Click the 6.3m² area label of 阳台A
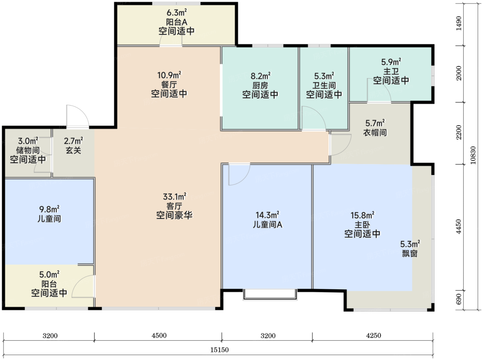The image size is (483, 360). tap(177, 12)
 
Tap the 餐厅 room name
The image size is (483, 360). tap(169, 84)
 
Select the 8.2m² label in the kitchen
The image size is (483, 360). tap(260, 76)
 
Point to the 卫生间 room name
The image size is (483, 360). tap(324, 85)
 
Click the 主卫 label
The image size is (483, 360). tap(391, 71)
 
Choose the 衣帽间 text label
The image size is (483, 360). tap(375, 132)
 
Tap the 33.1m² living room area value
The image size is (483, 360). tap(175, 197)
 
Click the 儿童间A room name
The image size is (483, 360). tap(267, 224)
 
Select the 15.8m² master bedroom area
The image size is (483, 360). tap(362, 215)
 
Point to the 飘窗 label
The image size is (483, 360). tap(410, 253)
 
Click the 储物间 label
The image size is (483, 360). tap(28, 150)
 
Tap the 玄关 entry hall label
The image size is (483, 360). tap(73, 150)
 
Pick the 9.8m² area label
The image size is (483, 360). tap(49, 209)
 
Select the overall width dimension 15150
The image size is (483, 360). tap(219, 350)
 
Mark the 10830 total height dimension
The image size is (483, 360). tap(473, 155)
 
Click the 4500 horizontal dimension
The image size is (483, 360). tap(159, 336)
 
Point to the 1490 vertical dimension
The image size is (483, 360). tap(459, 23)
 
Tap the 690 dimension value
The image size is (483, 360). tap(459, 299)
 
